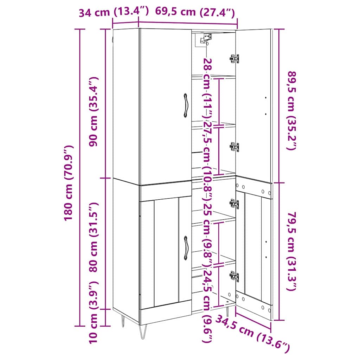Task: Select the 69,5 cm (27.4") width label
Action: [195, 12]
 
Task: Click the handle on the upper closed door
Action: [185, 105]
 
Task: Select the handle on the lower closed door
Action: [186, 248]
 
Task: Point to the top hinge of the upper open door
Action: [234, 59]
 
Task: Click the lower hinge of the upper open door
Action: [234, 147]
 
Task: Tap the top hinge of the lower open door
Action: [234, 204]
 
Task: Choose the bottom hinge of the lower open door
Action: [234, 276]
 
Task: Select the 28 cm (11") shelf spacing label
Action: [207, 88]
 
